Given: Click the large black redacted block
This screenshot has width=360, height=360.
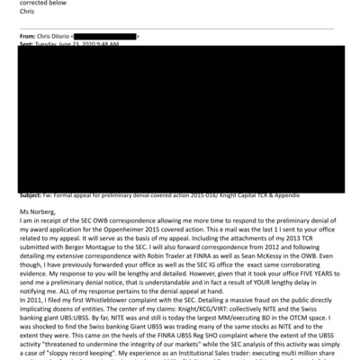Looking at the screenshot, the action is [x=180, y=117].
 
